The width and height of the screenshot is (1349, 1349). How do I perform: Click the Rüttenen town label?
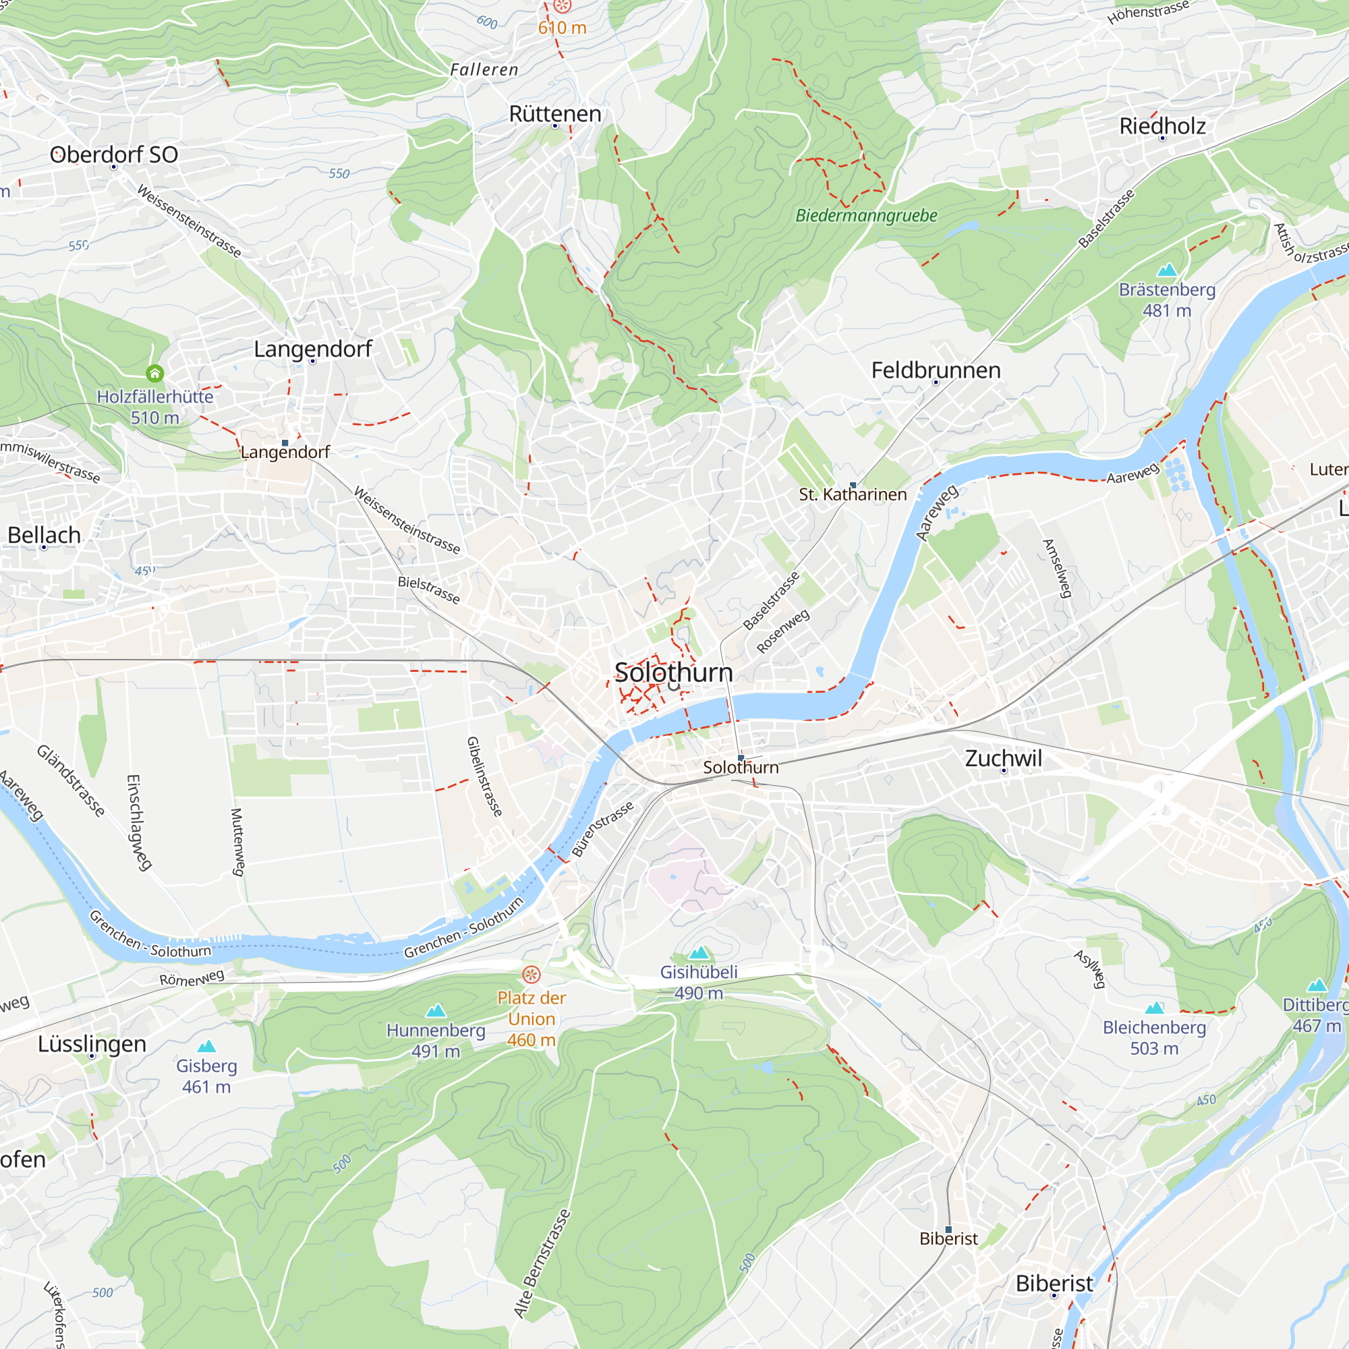point(555,114)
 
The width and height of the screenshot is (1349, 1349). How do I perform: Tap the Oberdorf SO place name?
point(114,154)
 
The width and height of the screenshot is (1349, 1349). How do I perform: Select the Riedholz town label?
point(1163,126)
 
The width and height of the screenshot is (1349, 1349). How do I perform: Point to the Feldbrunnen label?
point(936,370)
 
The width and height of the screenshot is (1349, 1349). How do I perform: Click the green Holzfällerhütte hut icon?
point(155,373)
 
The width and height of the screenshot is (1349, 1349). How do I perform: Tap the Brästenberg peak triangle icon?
point(1167,270)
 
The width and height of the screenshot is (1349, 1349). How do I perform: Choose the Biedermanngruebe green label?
point(866,216)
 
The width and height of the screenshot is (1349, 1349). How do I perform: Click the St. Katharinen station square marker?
point(853,484)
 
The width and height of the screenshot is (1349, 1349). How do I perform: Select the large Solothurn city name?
point(674,672)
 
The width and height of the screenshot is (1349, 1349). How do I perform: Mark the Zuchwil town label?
point(1004,758)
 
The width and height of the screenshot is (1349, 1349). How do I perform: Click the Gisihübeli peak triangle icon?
point(699,952)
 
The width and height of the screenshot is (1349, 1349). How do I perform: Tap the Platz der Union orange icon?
point(532,974)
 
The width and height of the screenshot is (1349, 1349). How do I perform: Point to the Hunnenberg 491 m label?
point(436,1040)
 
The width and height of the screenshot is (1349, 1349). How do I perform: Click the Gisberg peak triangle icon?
point(206,1046)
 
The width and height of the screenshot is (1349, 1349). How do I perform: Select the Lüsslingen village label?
point(92,1044)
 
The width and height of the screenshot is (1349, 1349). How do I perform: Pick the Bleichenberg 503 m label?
point(1154,1037)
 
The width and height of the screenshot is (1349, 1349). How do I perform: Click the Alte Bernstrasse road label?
point(542,1263)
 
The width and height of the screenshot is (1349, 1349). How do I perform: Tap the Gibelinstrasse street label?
point(484,776)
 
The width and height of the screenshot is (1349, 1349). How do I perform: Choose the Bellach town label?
point(44,535)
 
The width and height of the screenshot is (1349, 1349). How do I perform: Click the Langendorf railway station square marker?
point(285,442)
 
